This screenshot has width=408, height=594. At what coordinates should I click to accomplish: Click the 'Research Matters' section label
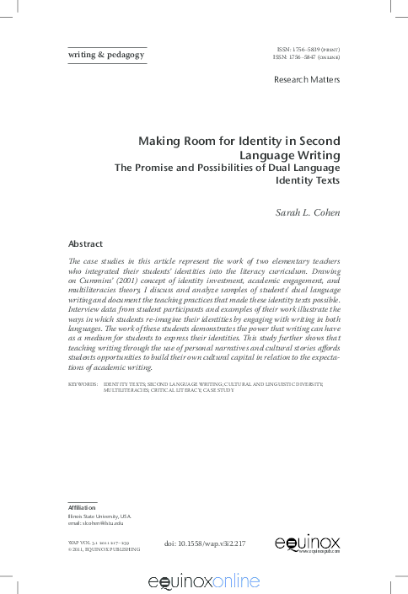pos(307,80)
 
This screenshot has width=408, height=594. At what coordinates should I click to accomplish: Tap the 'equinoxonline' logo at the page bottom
pos(203,581)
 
